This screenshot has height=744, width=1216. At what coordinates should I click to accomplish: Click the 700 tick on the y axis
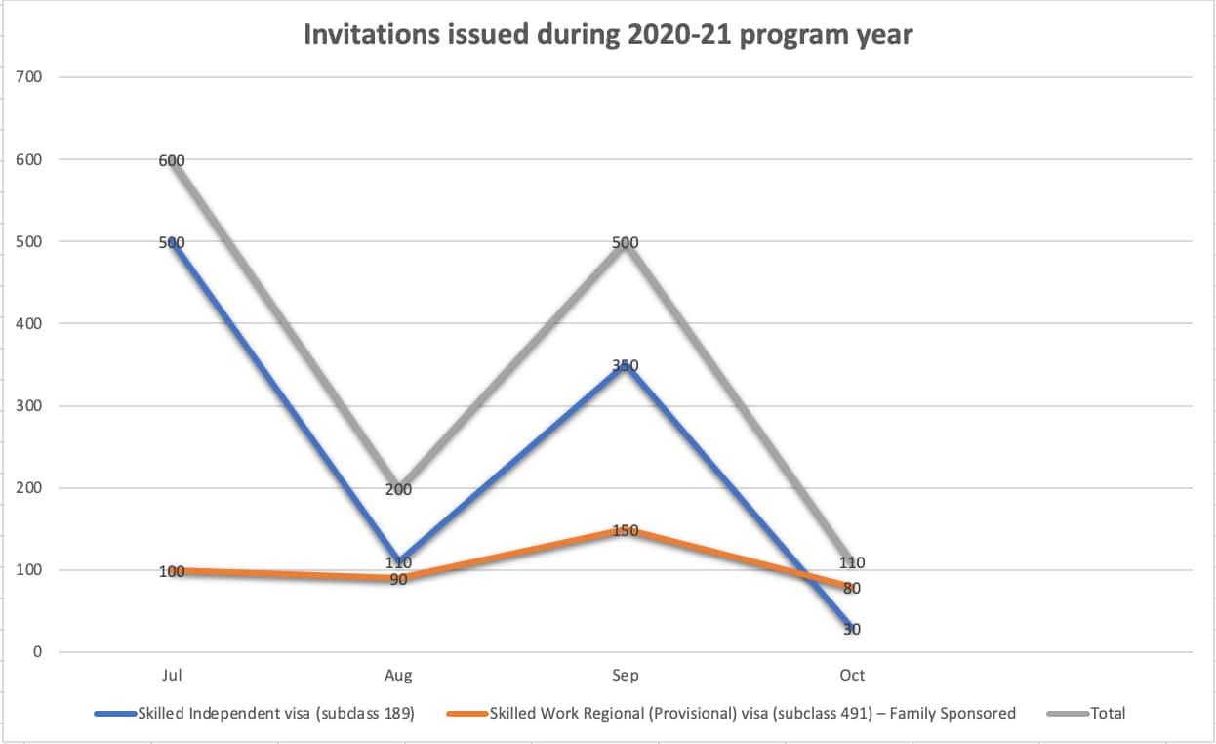(x=30, y=76)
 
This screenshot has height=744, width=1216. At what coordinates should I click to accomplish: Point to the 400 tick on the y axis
(x=30, y=323)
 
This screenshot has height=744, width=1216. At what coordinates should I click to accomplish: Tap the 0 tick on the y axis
(x=37, y=652)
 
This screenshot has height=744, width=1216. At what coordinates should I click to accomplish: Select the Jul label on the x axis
(x=172, y=675)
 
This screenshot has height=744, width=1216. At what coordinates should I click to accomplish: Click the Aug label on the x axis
(x=398, y=675)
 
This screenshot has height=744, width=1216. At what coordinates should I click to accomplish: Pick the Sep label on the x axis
(x=626, y=675)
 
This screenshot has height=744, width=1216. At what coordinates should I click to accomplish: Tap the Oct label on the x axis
(x=852, y=675)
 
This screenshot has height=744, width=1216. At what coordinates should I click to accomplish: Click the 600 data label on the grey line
(x=172, y=160)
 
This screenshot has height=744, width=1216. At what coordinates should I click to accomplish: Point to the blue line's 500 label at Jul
(x=172, y=242)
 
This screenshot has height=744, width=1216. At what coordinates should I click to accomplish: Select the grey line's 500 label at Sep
(x=626, y=242)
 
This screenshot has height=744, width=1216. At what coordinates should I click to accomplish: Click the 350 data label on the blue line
(x=626, y=365)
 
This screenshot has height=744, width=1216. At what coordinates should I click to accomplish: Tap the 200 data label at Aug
(x=398, y=489)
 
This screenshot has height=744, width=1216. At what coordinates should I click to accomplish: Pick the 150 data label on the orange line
(x=626, y=530)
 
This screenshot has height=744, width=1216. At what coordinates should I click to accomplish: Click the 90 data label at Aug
(x=398, y=580)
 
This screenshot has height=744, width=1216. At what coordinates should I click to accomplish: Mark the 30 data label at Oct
(x=852, y=629)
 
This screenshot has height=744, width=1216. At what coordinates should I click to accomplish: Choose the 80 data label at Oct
(x=852, y=588)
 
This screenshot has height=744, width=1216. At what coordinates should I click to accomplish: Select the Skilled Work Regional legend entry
(x=752, y=713)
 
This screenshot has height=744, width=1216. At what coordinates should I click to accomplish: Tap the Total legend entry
(x=1108, y=713)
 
